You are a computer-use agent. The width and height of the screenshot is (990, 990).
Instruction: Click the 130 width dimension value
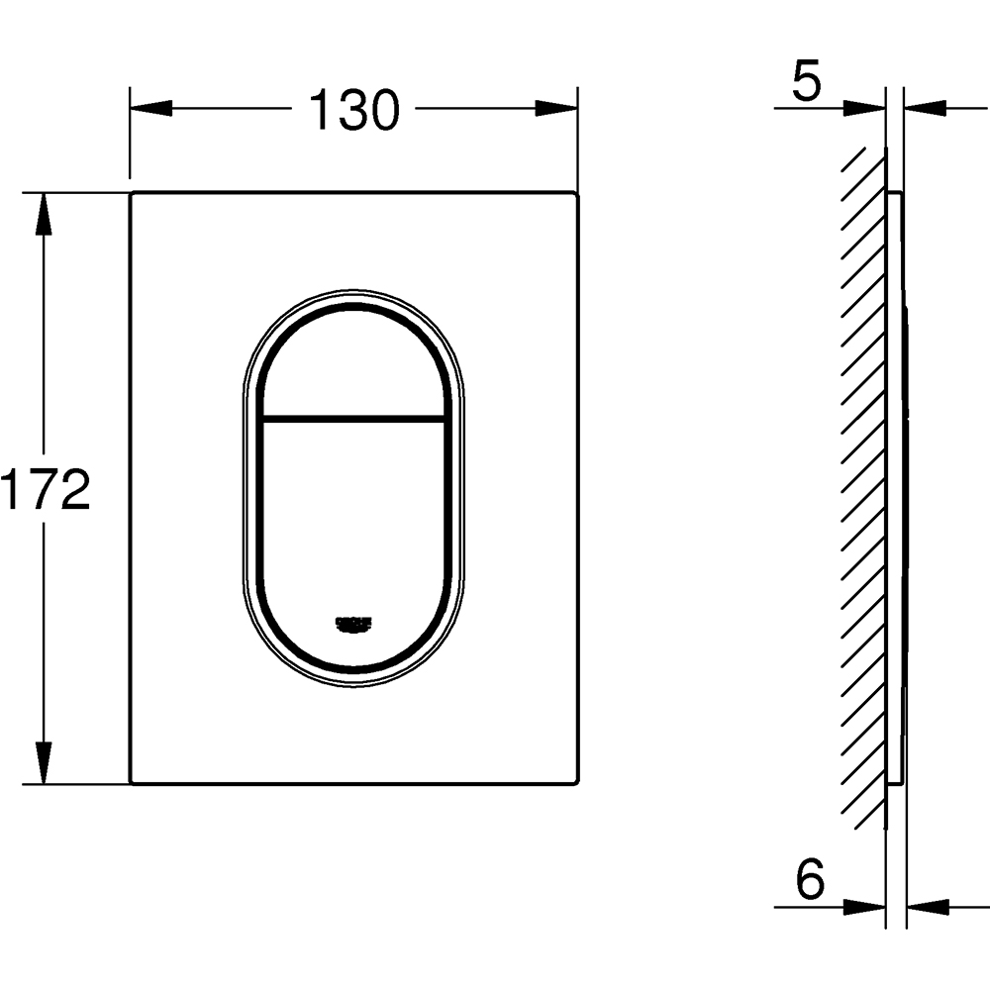click(x=353, y=110)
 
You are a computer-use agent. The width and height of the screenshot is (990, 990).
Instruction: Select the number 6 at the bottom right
click(x=809, y=879)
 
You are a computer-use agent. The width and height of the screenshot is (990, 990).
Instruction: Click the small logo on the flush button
click(x=353, y=623)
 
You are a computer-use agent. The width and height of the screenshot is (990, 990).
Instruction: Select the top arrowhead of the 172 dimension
click(x=43, y=213)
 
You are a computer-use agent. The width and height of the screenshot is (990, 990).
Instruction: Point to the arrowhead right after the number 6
click(x=866, y=905)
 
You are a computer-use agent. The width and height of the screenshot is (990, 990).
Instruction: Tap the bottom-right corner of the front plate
click(x=576, y=783)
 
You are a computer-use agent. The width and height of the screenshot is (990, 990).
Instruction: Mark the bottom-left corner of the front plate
click(x=132, y=783)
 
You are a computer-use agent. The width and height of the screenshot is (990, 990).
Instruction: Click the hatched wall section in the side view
click(x=863, y=485)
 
